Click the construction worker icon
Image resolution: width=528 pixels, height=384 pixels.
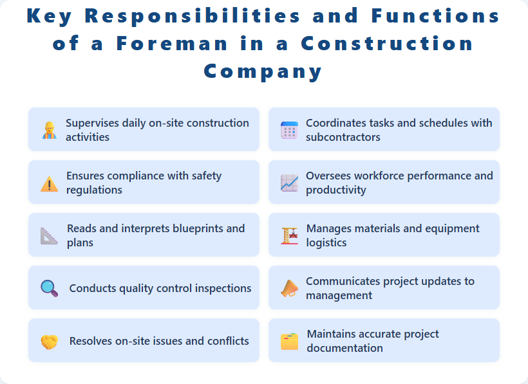pos(49,131)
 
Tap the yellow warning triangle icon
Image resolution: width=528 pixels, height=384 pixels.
pos(49,184)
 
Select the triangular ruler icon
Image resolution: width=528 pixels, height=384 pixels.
pos(49,236)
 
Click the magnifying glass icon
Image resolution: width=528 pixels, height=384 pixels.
pos(49,289)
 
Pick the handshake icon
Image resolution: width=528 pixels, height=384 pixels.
pos(49,342)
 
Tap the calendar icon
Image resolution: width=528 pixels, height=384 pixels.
pos(289,131)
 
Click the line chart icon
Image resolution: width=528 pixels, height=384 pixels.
pos(289,183)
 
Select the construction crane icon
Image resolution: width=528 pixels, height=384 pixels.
pos(289,236)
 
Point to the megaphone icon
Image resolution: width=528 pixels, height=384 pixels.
pos(289,289)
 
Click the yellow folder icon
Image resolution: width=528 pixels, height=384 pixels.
pos(289,342)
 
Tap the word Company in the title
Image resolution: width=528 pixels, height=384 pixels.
pos(263,71)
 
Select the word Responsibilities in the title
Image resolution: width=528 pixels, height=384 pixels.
pos(193,17)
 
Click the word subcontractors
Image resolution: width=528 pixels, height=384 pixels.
pos(343,137)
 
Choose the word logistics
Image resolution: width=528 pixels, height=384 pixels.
pos(326,242)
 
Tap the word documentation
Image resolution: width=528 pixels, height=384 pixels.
pos(345,348)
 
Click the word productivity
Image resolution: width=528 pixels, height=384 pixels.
pos(336,190)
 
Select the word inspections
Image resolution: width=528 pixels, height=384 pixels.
pos(222,288)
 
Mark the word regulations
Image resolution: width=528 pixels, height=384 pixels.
pos(94,190)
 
